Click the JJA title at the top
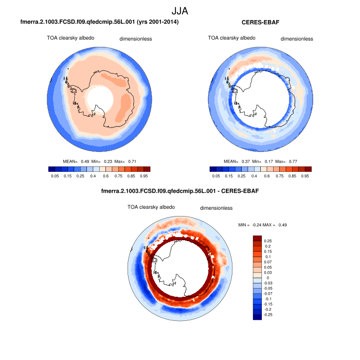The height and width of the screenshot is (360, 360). click(179, 10)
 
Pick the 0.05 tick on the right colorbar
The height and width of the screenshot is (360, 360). click(217, 175)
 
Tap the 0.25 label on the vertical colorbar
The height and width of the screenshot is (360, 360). click(268, 241)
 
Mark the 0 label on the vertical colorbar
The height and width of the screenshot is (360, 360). click(267, 277)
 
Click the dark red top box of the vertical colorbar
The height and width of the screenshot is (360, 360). click(258, 238)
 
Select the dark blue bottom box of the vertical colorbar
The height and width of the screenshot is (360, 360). click(258, 317)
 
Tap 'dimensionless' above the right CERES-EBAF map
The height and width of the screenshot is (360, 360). click(297, 39)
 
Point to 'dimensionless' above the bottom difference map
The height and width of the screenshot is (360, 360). click(217, 208)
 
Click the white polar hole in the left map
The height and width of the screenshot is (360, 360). click(99, 98)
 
